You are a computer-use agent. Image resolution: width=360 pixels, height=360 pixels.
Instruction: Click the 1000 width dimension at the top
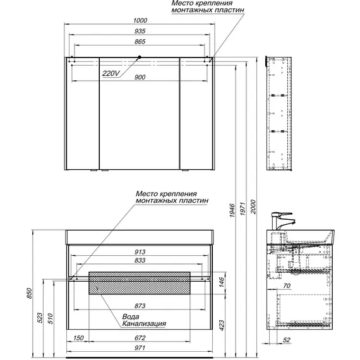140,20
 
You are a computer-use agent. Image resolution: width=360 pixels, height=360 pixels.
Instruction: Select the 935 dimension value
140,31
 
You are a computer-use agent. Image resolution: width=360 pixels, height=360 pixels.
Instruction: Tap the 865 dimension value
140,42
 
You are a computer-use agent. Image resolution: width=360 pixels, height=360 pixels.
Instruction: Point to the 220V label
111,73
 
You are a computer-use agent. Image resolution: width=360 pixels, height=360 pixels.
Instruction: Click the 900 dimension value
140,77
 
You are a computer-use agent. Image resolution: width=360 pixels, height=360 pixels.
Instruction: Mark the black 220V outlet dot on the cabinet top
140,57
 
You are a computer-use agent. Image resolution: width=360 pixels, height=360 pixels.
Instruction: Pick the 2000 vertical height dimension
253,207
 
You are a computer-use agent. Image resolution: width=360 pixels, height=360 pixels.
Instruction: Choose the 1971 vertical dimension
243,208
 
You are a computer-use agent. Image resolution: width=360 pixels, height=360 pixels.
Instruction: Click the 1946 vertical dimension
232,210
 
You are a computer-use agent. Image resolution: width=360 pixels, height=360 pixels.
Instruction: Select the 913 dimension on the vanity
140,252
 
